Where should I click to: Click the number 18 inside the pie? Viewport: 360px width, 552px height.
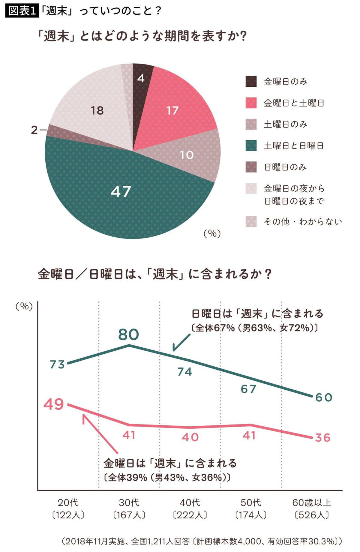coord(97,111)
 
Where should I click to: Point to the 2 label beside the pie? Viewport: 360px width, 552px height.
coord(34,130)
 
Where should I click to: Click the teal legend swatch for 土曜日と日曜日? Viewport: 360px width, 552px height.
coord(251,146)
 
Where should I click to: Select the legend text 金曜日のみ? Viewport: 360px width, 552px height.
coord(285,82)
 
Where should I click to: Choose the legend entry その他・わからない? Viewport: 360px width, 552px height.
coord(302,222)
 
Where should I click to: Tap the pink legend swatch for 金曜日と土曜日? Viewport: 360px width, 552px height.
coord(251,103)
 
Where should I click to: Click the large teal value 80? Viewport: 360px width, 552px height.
coord(128,334)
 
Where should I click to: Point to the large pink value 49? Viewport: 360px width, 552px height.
coord(54,404)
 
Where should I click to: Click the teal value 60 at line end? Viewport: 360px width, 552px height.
coord(323,397)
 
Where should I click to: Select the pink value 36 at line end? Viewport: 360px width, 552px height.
coord(323,438)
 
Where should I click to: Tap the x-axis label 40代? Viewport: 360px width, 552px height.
coord(190,502)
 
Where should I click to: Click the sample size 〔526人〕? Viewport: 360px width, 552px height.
coord(311,515)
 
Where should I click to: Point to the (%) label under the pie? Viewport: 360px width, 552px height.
coord(212,233)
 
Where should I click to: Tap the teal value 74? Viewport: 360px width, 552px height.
coord(184,372)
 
